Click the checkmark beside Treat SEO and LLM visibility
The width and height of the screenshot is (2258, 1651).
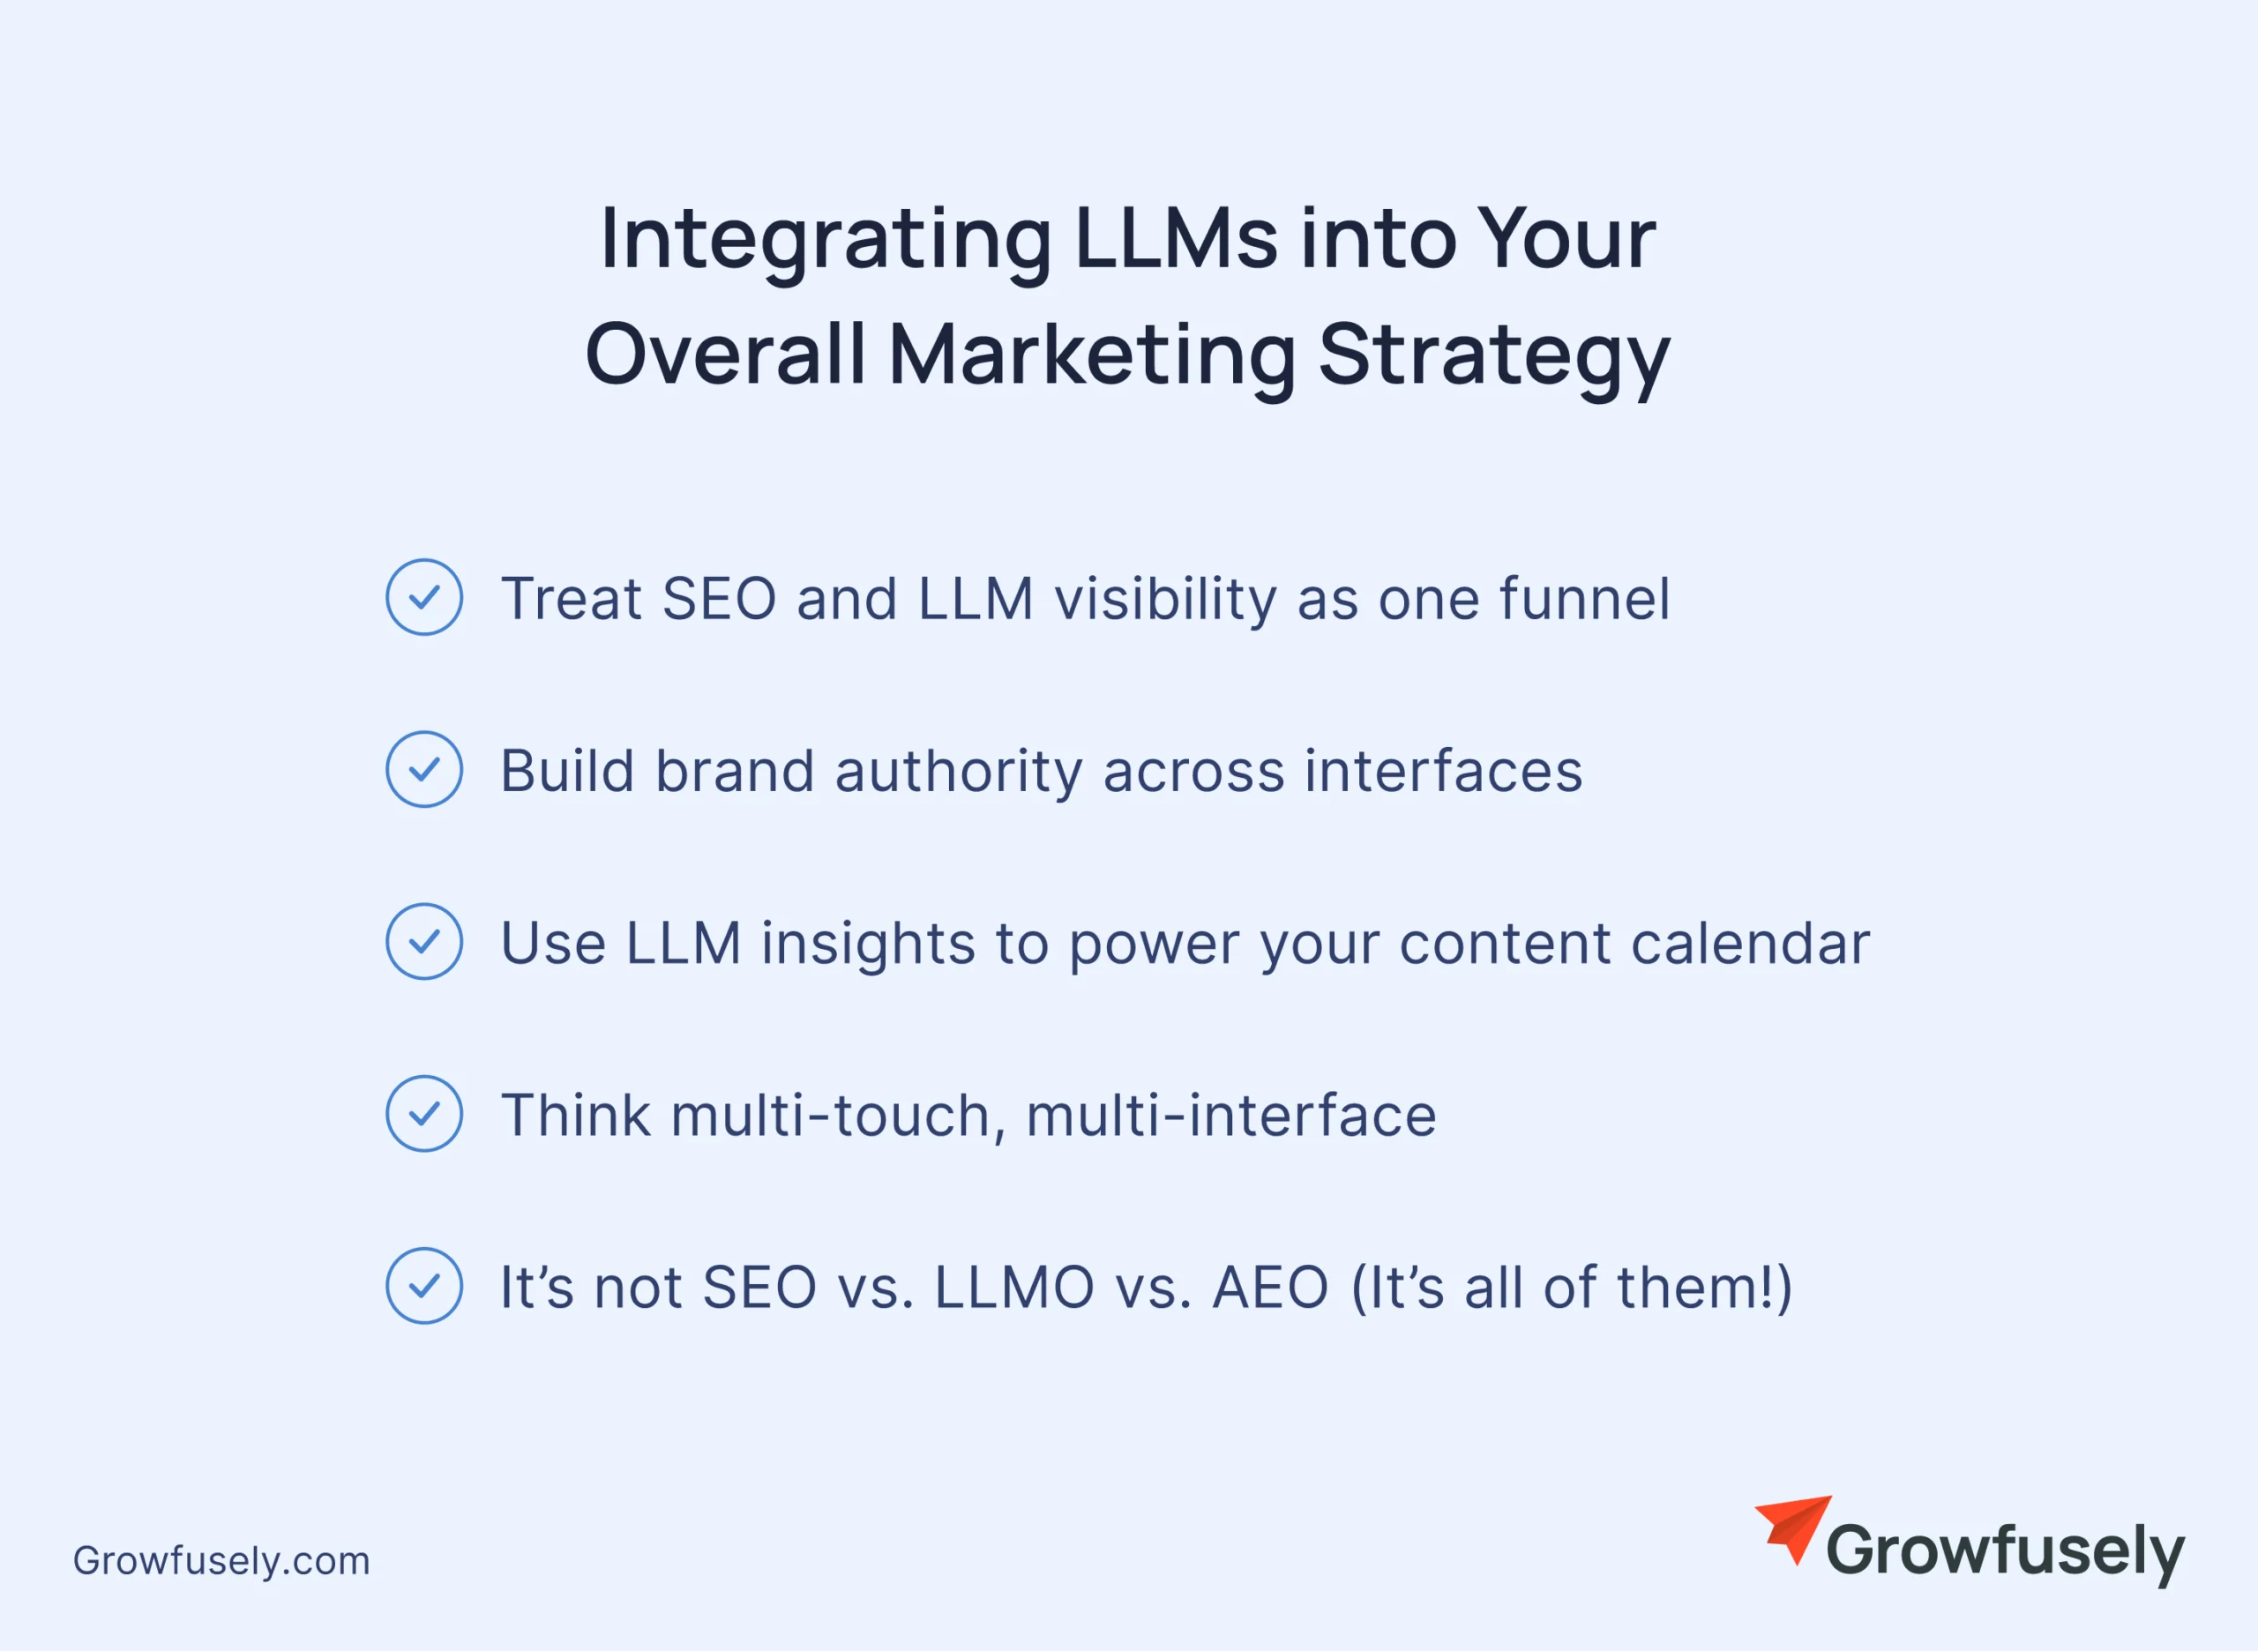tap(423, 597)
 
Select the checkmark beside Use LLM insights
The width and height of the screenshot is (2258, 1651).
tap(423, 940)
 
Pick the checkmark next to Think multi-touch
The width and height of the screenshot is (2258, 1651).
tap(423, 1112)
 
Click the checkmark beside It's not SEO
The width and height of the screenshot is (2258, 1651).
tap(423, 1285)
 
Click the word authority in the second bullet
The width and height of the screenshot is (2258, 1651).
tap(959, 773)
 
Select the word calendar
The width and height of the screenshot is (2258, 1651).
tap(1750, 943)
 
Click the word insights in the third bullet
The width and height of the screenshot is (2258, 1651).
tap(868, 945)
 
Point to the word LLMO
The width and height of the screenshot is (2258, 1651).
tap(1013, 1288)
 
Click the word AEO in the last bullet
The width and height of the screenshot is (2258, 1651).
tap(1269, 1288)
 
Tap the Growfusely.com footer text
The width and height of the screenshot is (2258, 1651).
tap(221, 1561)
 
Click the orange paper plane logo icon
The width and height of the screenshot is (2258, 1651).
tap(1793, 1529)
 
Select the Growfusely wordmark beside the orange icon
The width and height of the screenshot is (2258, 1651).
tap(2005, 1552)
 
